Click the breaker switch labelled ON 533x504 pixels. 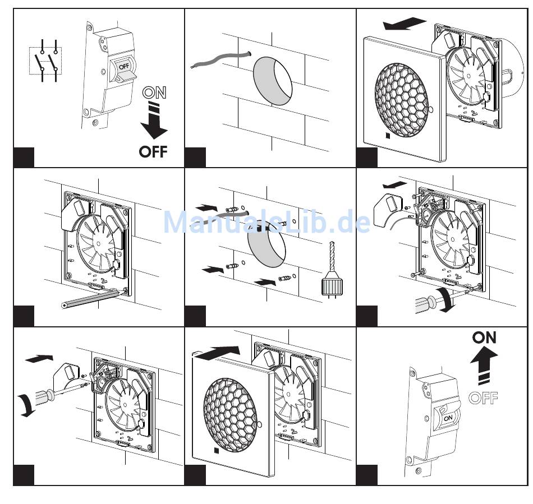pos(449,417)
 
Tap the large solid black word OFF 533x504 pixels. pos(153,151)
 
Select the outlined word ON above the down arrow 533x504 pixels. pos(154,93)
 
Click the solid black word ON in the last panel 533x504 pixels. pos(484,337)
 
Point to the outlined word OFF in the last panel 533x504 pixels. pos(483,398)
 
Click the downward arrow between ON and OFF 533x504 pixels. pos(153,121)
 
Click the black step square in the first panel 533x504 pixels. pos(24,157)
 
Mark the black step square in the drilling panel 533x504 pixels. pos(195,316)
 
